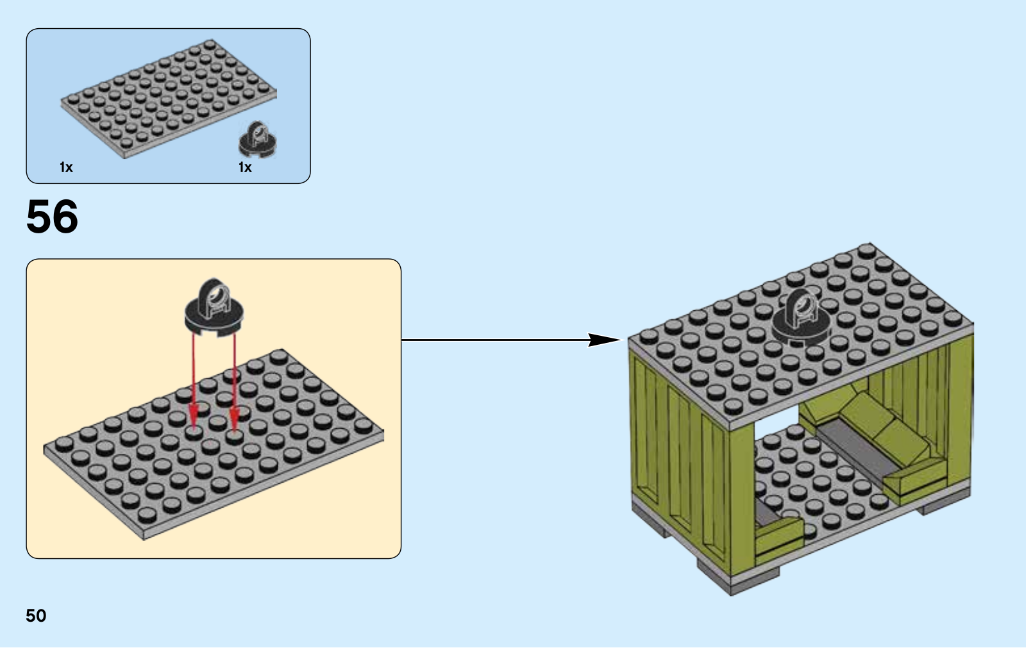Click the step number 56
[52, 217]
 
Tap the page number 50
[36, 615]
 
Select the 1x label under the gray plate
[66, 167]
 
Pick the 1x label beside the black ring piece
[245, 167]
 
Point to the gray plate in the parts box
[169, 99]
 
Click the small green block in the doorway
[778, 540]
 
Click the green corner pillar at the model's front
[742, 499]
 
